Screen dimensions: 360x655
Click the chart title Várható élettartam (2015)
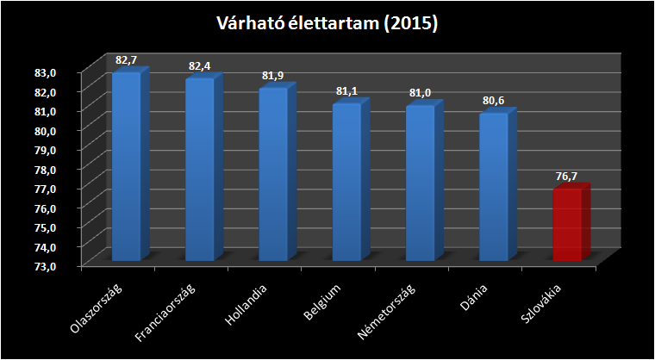(327, 24)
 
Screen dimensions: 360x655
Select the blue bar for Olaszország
(126, 168)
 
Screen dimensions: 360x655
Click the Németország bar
(420, 183)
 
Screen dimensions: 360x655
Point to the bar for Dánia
(493, 187)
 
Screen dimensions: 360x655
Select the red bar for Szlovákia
(566, 225)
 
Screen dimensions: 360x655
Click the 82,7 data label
(126, 60)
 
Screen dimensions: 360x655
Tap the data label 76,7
(566, 177)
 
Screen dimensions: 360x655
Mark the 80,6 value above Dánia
(493, 101)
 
